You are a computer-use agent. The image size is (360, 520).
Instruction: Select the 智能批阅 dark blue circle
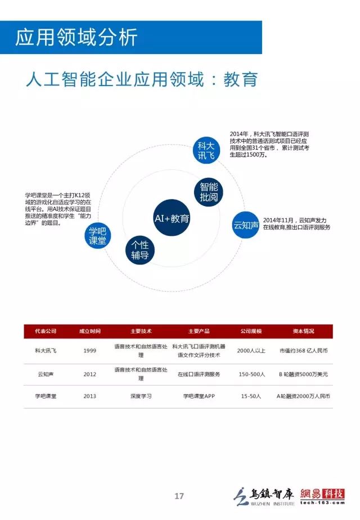[209, 192]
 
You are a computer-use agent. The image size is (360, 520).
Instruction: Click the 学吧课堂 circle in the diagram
[97, 236]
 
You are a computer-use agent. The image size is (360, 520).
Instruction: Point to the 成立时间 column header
[90, 331]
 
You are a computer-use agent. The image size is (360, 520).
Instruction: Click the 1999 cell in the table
[90, 351]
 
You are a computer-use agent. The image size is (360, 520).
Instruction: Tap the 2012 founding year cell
[90, 374]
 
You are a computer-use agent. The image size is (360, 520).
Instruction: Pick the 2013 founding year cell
[90, 396]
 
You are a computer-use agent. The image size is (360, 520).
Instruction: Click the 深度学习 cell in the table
[141, 396]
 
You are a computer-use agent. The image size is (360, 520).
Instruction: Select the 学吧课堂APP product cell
[199, 396]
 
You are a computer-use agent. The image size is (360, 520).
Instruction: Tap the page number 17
[179, 496]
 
